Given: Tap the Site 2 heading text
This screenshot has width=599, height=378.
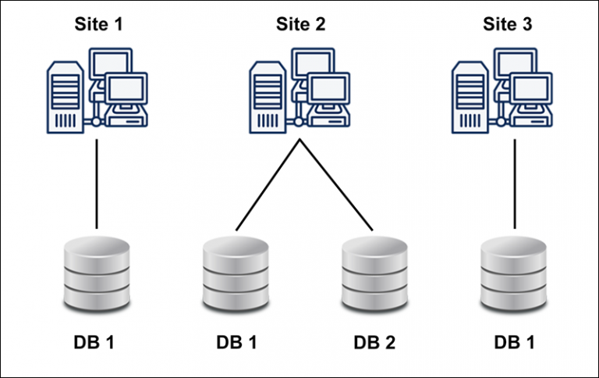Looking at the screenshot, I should click(300, 23).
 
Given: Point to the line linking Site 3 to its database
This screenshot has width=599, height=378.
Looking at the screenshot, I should click(514, 184).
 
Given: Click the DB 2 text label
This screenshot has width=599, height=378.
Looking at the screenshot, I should click(375, 342).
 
